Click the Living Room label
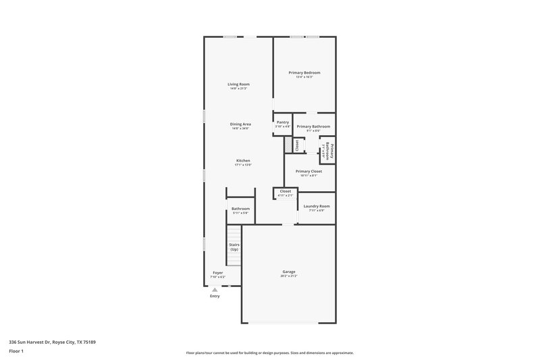click(x=238, y=84)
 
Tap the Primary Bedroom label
click(x=304, y=72)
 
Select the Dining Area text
click(x=240, y=124)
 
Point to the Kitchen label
click(x=243, y=161)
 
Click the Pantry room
click(x=283, y=124)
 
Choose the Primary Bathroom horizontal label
click(x=313, y=126)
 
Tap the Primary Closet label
click(x=308, y=172)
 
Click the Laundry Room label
click(x=317, y=206)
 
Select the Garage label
click(x=288, y=272)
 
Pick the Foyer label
click(x=217, y=273)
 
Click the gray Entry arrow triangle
click(x=215, y=289)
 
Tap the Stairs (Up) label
click(x=234, y=247)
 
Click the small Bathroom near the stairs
click(x=240, y=211)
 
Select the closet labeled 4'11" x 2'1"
click(x=285, y=193)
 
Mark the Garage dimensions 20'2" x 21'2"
click(x=288, y=276)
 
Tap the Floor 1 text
click(x=16, y=352)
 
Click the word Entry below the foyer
click(x=215, y=296)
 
